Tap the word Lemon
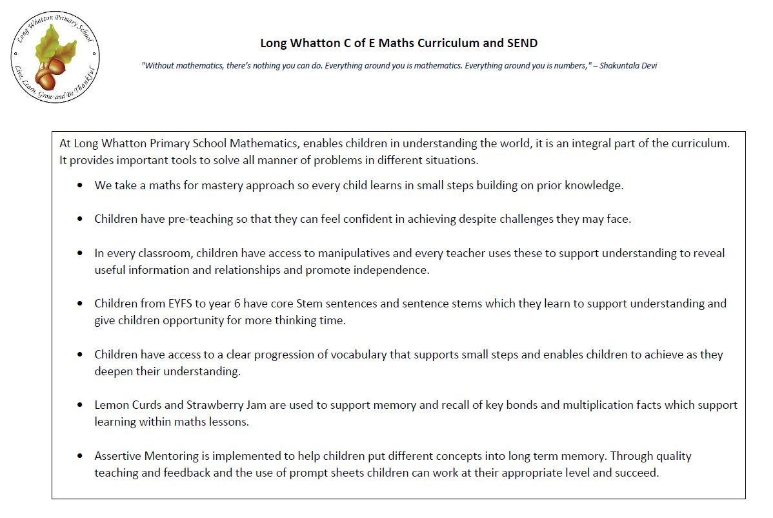pos(112,405)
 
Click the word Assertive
pos(117,456)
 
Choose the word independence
pos(394,270)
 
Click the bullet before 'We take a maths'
pos(80,185)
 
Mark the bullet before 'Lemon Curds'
pos(80,405)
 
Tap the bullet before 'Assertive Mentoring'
pos(80,456)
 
